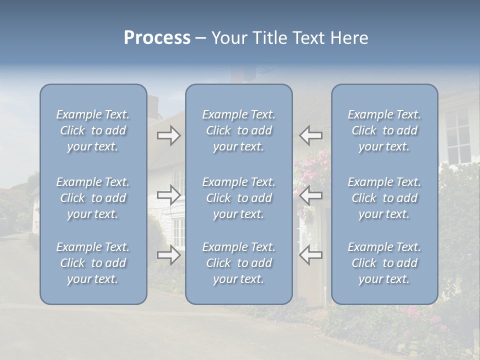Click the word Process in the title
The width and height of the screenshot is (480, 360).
coord(157,38)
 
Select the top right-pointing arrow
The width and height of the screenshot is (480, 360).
coord(168,135)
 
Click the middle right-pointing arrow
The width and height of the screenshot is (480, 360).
coord(168,194)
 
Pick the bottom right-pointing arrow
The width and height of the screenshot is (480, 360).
coord(168,255)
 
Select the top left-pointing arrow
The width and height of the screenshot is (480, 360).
coord(311,135)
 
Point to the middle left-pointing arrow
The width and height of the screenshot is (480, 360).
coord(311,194)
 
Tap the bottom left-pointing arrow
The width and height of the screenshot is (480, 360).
coord(311,255)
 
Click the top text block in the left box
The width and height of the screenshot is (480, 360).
coord(93,130)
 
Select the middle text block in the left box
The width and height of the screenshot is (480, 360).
coord(93,198)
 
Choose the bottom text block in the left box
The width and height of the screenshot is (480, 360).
coord(93,263)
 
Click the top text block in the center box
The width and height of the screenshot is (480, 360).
coord(239,130)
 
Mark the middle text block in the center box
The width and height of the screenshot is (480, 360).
coord(239,198)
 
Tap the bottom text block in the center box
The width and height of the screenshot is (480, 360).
coord(239,263)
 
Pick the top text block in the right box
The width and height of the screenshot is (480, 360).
coord(384,130)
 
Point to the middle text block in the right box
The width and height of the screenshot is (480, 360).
coord(384,198)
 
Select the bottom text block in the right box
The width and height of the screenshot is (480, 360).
coord(384,263)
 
